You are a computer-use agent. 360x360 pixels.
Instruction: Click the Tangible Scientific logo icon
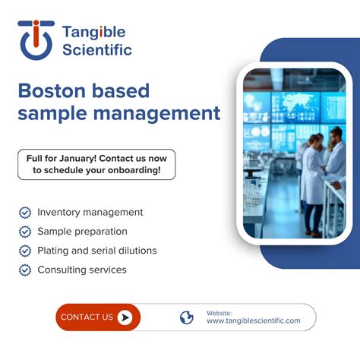[x=36, y=39]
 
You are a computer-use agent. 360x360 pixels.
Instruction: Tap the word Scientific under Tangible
[x=96, y=50]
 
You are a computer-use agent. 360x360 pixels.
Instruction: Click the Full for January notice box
[x=96, y=164]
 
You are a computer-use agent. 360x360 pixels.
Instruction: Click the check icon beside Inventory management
[x=25, y=213]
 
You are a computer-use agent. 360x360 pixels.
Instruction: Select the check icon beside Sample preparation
[x=25, y=232]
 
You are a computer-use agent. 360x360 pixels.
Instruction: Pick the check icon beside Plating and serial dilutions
[x=25, y=251]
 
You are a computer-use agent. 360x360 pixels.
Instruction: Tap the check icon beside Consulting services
[x=25, y=270]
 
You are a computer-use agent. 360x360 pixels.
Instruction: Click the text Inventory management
[x=90, y=213]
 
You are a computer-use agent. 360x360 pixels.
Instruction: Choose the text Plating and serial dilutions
[x=97, y=251]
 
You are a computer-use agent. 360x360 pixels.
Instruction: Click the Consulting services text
[x=82, y=270]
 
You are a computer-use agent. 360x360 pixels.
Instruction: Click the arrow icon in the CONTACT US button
[x=125, y=317]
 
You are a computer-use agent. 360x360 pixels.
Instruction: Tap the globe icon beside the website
[x=187, y=317]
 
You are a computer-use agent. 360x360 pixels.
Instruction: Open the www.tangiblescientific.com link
[x=253, y=321]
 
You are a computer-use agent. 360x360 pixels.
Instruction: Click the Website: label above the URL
[x=219, y=312]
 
